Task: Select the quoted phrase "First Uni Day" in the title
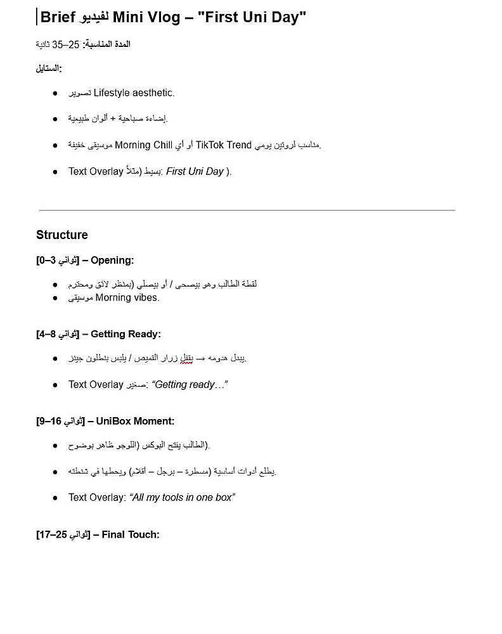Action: pyautogui.click(x=252, y=18)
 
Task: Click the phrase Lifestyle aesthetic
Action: pyautogui.click(x=134, y=93)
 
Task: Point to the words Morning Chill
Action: pyautogui.click(x=143, y=145)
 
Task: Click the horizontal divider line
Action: pyautogui.click(x=247, y=210)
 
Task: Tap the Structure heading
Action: pyautogui.click(x=62, y=235)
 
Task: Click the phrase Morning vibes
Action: pyautogui.click(x=127, y=298)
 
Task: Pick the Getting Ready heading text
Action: pyautogui.click(x=126, y=334)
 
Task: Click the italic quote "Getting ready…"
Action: pyautogui.click(x=190, y=385)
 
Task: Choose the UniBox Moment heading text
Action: pyautogui.click(x=135, y=421)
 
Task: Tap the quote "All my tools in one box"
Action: pyautogui.click(x=183, y=498)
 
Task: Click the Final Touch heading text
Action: pyautogui.click(x=131, y=535)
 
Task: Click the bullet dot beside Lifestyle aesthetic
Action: pyautogui.click(x=56, y=94)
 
